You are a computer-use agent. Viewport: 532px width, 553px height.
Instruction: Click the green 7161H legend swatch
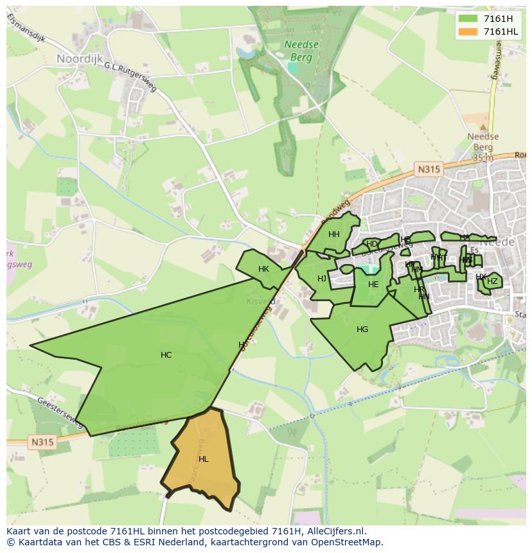[468, 19]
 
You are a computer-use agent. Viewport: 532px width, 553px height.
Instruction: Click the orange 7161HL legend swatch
[468, 31]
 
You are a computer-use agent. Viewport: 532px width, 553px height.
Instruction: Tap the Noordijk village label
[80, 58]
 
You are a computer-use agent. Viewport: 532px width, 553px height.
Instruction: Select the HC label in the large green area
[166, 355]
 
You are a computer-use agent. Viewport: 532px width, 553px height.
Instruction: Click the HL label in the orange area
[204, 459]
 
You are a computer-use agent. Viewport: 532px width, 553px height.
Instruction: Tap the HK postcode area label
[263, 269]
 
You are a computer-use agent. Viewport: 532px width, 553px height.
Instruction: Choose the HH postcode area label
[334, 234]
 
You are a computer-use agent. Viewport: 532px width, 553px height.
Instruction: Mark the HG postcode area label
[362, 329]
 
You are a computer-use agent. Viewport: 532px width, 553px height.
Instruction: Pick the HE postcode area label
[373, 285]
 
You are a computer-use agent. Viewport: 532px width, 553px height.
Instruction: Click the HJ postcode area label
[322, 279]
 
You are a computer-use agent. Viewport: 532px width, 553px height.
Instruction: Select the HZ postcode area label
[492, 281]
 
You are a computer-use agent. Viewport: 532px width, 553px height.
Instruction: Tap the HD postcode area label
[371, 244]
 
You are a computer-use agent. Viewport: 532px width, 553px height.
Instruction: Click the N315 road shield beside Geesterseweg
[42, 442]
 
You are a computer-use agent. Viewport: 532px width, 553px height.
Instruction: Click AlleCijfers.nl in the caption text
[334, 531]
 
